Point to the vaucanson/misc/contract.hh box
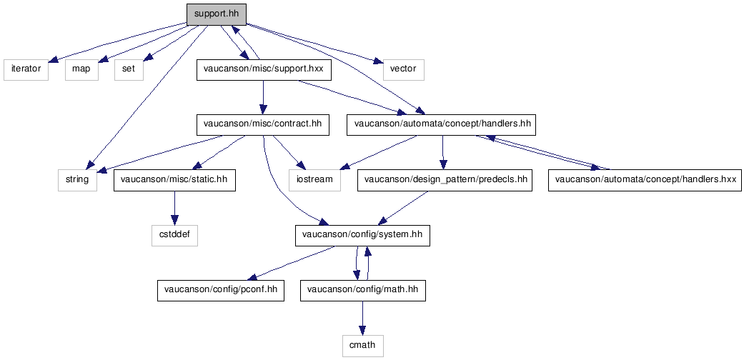pyautogui.click(x=263, y=125)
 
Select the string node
pyautogui.click(x=77, y=181)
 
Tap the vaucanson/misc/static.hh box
pyautogui.click(x=174, y=181)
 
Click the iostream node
pyautogui.click(x=315, y=181)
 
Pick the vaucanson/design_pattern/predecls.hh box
pyautogui.click(x=445, y=181)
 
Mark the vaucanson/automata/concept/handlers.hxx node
pyautogui.click(x=645, y=181)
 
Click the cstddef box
pyautogui.click(x=174, y=236)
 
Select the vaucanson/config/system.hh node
pyautogui.click(x=362, y=236)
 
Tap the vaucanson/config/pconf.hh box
pyautogui.click(x=221, y=290)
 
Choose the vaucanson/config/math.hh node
pyautogui.click(x=363, y=290)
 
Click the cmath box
pyautogui.click(x=362, y=346)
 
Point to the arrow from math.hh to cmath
pyautogui.click(x=362, y=318)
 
